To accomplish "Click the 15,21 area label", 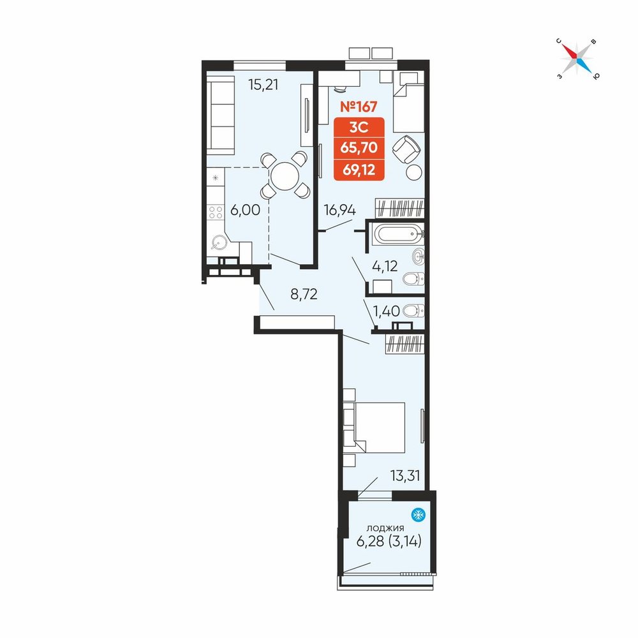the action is tap(263, 85).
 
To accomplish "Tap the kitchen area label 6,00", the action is tap(246, 210).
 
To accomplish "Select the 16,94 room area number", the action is tap(340, 211).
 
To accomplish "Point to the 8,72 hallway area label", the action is tap(304, 293).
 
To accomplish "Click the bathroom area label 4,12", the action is tap(385, 266).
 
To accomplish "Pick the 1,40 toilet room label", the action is tap(387, 311).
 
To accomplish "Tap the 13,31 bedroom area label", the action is tap(405, 475).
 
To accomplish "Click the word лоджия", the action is tap(385, 528).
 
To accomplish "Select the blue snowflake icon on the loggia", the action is tap(419, 515).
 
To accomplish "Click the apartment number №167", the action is tap(359, 107).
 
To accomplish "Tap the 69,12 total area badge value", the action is tap(359, 169).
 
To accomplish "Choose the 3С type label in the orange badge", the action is tap(359, 128).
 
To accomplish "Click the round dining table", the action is tap(285, 176).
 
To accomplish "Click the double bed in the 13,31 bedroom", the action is tap(375, 427).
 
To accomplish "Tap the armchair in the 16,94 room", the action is tap(406, 149).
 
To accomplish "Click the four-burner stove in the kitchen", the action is tap(215, 212).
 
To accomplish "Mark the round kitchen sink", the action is tap(218, 243).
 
